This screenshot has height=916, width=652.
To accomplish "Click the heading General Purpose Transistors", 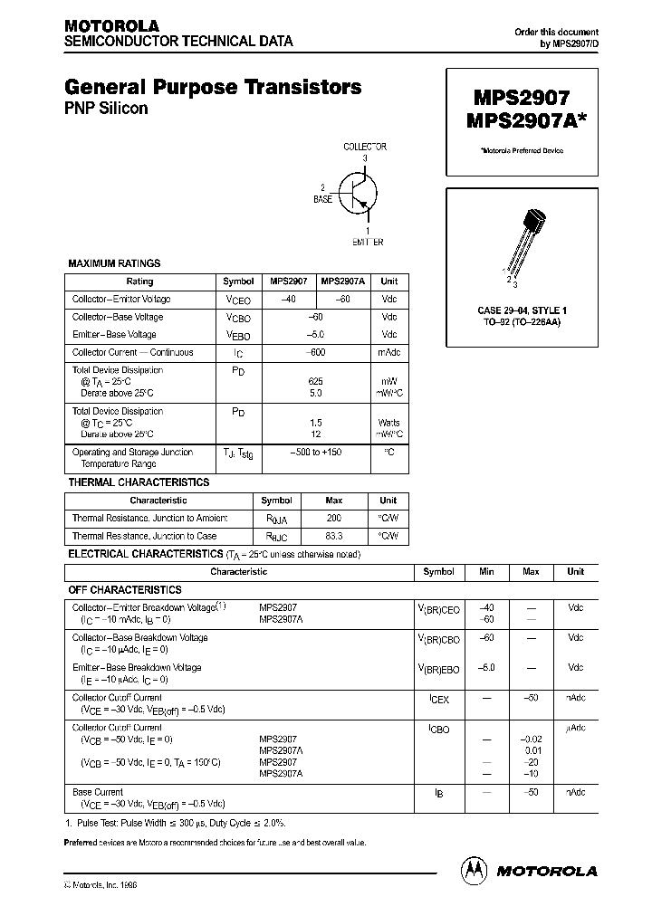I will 213,87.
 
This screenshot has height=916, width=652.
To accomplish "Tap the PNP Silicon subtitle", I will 106,109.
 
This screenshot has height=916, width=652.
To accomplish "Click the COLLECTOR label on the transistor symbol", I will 365,147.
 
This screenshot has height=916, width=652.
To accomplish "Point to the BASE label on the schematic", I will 323,197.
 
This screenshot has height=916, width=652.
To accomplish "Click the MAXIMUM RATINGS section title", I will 114,263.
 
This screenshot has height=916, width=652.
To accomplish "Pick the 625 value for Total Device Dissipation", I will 314,382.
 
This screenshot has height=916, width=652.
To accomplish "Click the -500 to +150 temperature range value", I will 314,452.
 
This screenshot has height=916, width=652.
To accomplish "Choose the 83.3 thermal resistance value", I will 334,537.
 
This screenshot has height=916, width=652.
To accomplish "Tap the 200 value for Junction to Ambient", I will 334,519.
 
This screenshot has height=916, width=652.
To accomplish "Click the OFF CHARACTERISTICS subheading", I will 125,589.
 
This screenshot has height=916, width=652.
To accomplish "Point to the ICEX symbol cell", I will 438,699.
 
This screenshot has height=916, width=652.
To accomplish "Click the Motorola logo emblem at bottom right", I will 474,870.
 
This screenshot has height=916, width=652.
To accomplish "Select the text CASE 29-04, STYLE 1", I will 519,310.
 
